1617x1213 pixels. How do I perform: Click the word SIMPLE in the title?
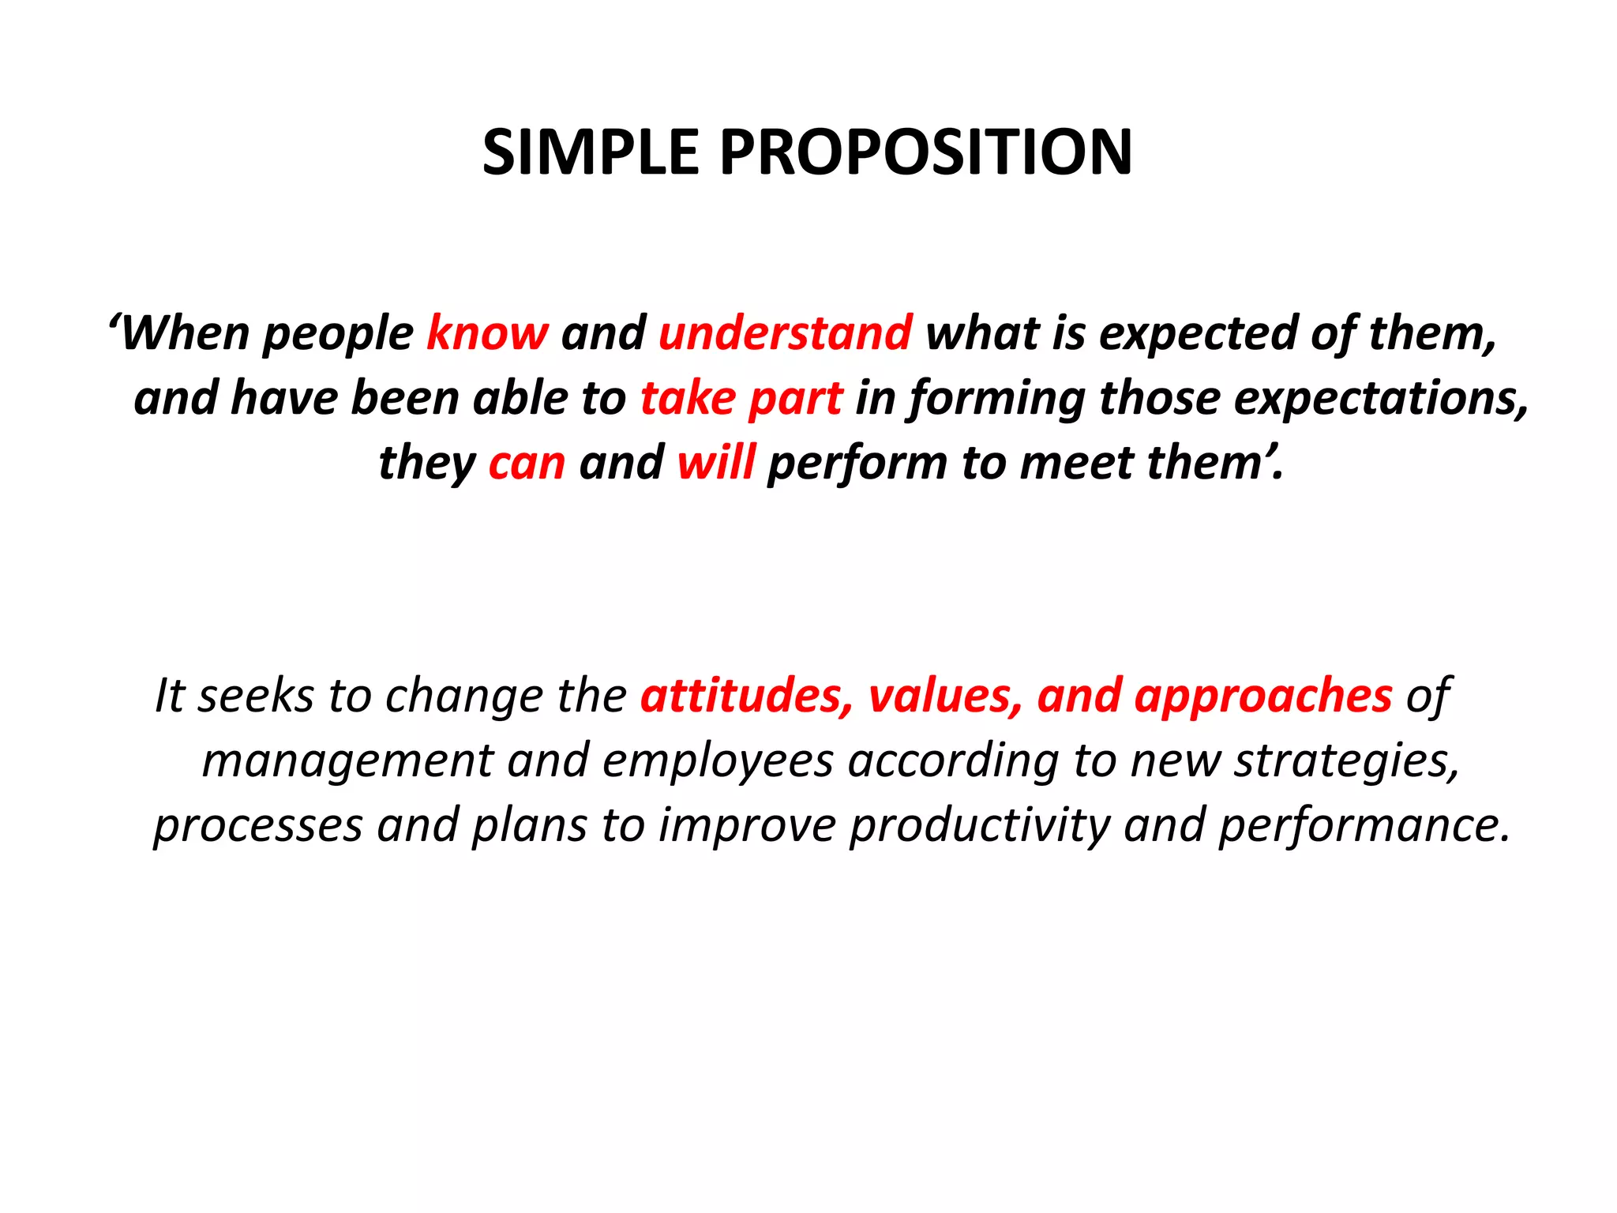tap(591, 152)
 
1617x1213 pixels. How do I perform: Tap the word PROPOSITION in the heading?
tap(925, 152)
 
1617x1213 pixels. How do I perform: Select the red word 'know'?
tap(487, 333)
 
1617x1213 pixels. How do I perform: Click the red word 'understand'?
tap(785, 333)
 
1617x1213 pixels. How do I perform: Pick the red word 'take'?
tap(687, 398)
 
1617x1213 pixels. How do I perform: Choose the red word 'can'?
tap(527, 464)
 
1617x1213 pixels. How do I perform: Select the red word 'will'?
tap(715, 462)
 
